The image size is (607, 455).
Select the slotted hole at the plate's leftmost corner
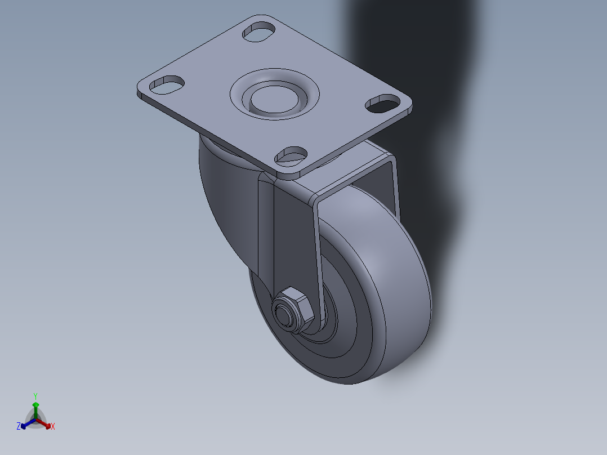pyautogui.click(x=167, y=84)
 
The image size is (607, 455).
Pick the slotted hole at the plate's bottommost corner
pyautogui.click(x=291, y=154)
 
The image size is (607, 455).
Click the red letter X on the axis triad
pyautogui.click(x=53, y=426)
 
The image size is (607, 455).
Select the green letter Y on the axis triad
pyautogui.click(x=35, y=396)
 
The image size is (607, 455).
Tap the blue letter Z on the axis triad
pyautogui.click(x=19, y=426)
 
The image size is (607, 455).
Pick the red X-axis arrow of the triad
pyautogui.click(x=44, y=422)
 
